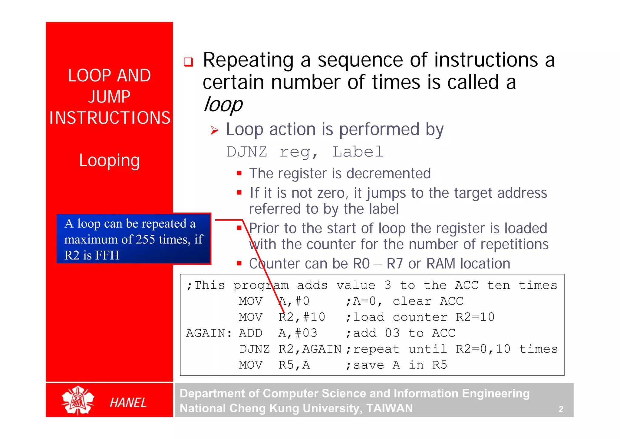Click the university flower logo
[78, 400]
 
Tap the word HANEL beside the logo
[128, 403]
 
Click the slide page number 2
[561, 409]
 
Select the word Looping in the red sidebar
[109, 160]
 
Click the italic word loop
[223, 105]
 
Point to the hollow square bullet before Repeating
[188, 62]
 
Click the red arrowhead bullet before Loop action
[214, 131]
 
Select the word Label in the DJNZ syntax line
[358, 152]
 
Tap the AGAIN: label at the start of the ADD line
[209, 333]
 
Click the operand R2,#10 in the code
[302, 317]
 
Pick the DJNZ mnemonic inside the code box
[254, 349]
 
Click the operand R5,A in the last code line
[294, 365]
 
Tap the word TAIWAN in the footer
[389, 408]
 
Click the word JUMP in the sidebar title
[109, 97]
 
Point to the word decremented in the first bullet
[388, 174]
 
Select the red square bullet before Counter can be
[239, 263]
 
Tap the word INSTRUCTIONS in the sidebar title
[110, 118]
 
